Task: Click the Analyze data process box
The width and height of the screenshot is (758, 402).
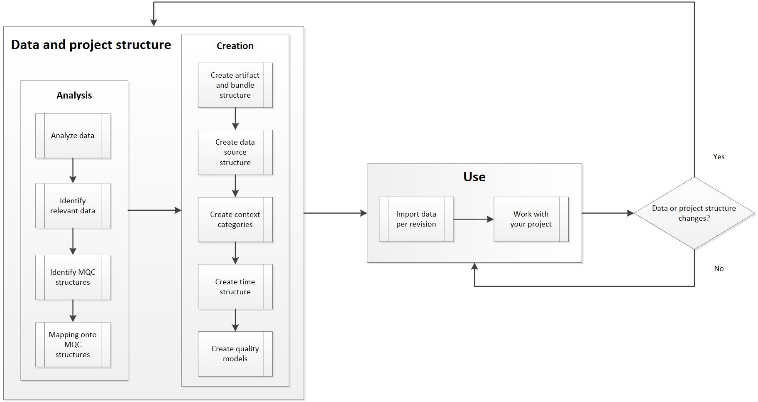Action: point(73,136)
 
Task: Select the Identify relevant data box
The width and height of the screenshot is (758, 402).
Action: point(73,205)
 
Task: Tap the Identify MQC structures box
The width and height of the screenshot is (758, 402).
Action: point(73,277)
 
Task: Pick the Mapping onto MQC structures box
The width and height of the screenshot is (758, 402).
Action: point(73,345)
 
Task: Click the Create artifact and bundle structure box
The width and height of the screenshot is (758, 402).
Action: point(235,85)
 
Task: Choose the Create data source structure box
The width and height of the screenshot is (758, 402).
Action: point(235,152)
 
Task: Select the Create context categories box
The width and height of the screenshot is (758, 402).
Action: point(235,219)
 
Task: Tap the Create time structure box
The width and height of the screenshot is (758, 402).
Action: point(235,286)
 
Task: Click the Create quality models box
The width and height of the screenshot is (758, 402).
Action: point(235,354)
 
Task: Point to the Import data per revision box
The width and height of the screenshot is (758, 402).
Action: point(416,219)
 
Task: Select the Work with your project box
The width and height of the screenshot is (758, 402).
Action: point(531,219)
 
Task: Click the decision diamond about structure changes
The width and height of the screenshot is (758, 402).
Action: point(694,213)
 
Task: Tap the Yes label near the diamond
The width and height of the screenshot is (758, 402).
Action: point(719,157)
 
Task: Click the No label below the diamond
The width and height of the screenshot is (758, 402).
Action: point(719,269)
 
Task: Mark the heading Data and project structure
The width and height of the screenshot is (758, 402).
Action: point(91,45)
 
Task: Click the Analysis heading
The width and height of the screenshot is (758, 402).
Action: point(74,95)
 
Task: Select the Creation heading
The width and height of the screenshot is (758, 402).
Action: point(235,46)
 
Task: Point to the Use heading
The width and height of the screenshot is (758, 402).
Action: point(474,177)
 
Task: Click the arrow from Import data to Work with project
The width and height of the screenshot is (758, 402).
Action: point(473,219)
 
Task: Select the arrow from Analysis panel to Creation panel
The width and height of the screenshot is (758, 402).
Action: point(154,210)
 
